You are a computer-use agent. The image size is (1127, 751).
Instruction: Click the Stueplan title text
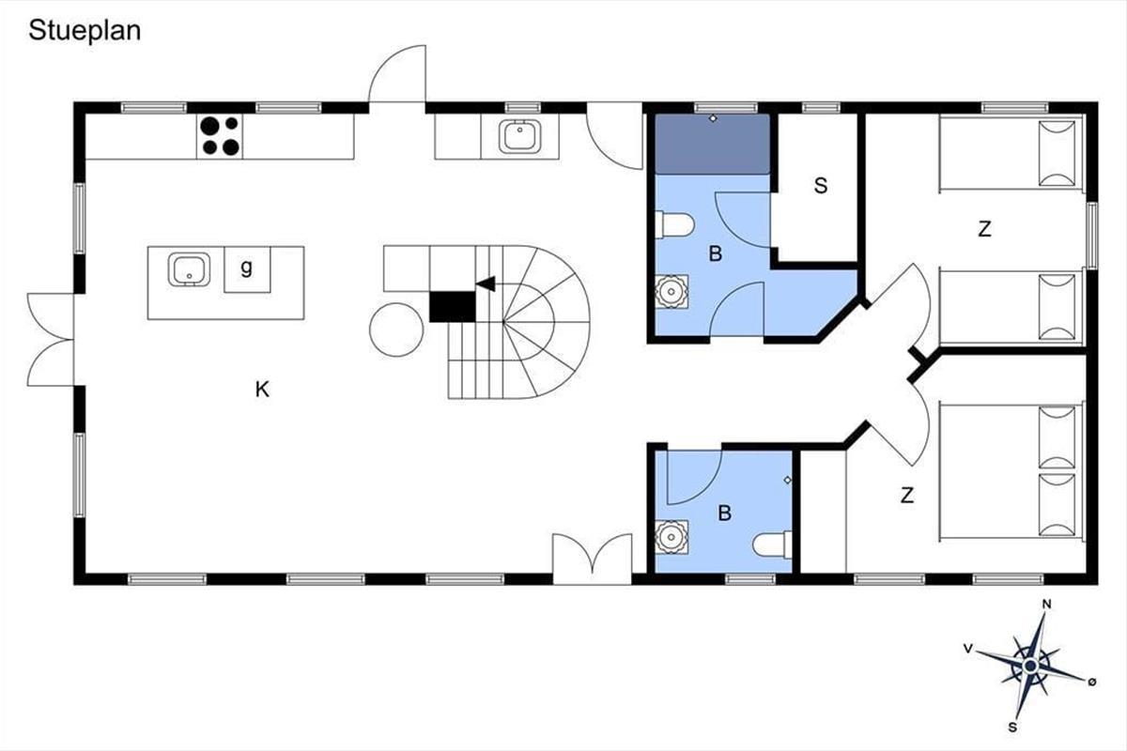(x=85, y=31)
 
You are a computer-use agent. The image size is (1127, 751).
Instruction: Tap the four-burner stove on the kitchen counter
(x=220, y=136)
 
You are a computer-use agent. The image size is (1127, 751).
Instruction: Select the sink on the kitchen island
(x=189, y=269)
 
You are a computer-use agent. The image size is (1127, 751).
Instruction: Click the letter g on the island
(x=246, y=268)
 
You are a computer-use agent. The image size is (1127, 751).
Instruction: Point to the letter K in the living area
(x=262, y=390)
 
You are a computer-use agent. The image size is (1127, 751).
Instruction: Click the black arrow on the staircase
(x=486, y=284)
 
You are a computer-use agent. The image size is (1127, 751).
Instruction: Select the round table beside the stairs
(x=396, y=330)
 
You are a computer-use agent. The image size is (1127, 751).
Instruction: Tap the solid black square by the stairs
(x=453, y=306)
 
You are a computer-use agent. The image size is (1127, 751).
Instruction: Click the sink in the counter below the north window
(x=520, y=136)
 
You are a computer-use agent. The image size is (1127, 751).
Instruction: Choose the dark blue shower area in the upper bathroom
(x=713, y=145)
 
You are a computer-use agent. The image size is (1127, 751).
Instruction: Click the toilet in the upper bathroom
(x=674, y=225)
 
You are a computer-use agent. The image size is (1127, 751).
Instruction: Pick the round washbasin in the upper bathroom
(x=672, y=291)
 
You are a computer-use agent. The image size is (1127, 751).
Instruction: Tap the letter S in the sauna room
(x=821, y=186)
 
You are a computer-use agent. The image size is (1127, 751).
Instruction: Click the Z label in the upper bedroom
(x=984, y=229)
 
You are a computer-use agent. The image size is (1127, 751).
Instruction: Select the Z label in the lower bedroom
(x=907, y=496)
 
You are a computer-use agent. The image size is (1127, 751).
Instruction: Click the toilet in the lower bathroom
(x=773, y=545)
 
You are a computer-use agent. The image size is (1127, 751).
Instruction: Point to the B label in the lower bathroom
(x=724, y=513)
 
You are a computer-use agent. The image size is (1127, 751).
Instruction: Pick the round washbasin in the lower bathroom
(x=672, y=537)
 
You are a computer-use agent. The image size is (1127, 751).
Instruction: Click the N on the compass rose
(x=1046, y=605)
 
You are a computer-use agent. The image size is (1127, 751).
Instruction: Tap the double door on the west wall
(x=51, y=340)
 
